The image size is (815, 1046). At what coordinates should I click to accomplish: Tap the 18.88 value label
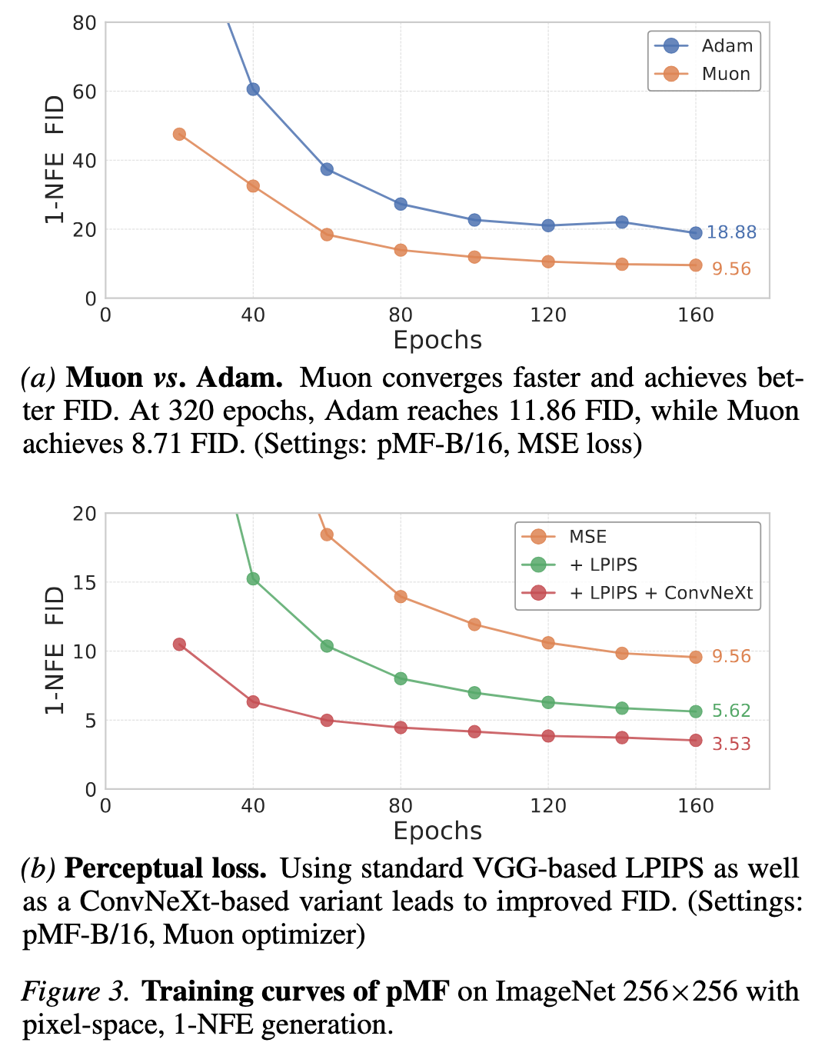731,232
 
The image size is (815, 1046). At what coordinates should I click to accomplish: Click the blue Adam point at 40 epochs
253,89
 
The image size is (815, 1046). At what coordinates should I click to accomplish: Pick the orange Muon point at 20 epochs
179,134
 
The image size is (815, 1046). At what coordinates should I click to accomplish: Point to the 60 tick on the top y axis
85,92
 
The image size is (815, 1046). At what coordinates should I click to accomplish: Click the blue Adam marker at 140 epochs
622,222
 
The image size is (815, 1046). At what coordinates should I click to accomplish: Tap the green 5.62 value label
730,711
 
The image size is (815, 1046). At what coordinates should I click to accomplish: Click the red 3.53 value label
730,744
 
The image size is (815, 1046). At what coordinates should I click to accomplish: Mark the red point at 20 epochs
179,645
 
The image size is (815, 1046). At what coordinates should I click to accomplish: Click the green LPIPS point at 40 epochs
253,578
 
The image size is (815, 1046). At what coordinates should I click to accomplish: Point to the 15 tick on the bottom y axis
85,582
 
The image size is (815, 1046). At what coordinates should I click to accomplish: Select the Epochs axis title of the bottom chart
437,831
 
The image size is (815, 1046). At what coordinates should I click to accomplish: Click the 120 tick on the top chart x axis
547,315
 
